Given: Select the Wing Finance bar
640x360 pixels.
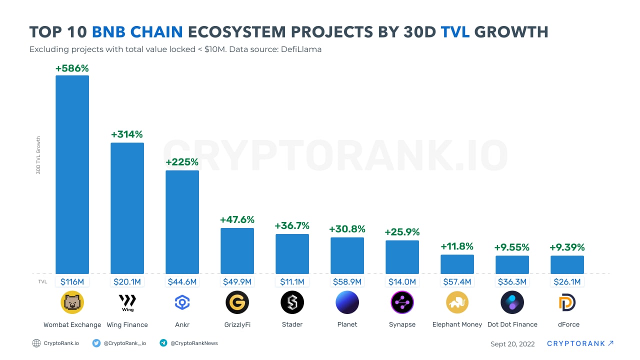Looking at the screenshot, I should point(127,208).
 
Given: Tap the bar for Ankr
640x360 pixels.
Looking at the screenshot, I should point(182,222).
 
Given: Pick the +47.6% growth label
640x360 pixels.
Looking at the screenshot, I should point(237,219).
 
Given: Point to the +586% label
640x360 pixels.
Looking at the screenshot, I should point(72,68).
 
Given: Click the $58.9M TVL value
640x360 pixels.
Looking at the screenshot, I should point(347,282).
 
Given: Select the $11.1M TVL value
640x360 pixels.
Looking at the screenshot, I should point(292,282).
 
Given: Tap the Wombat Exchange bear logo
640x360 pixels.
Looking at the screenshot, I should point(72,302).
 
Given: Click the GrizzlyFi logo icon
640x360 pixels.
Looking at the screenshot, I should point(237,302).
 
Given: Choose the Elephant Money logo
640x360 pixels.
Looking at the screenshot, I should point(457,302).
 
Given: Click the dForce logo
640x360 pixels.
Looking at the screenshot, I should point(567,302).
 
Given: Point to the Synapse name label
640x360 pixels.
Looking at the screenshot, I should point(402,324).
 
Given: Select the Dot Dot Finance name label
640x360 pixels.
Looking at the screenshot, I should point(512,324).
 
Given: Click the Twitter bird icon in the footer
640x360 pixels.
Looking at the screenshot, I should point(96,343).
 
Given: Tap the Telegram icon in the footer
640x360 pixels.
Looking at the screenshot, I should point(163,343).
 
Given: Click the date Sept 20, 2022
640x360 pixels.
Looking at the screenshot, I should point(512,344).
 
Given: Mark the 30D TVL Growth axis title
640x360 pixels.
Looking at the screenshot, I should point(38,155).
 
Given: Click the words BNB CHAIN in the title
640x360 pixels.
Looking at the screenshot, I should point(137,32).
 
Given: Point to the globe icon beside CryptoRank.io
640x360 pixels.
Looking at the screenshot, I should point(36,343).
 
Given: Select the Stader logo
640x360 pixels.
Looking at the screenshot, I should point(292,302).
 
